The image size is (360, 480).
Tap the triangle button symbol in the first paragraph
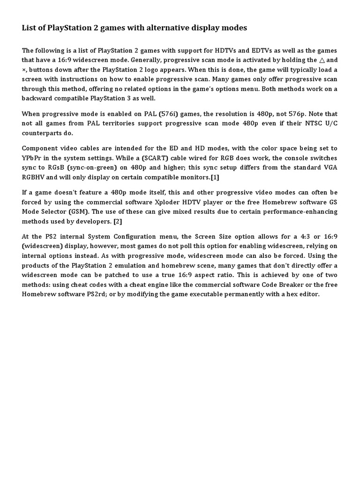pyautogui.click(x=322, y=60)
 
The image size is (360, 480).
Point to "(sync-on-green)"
pyautogui.click(x=92, y=167)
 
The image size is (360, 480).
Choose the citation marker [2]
pyautogui.click(x=118, y=221)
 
